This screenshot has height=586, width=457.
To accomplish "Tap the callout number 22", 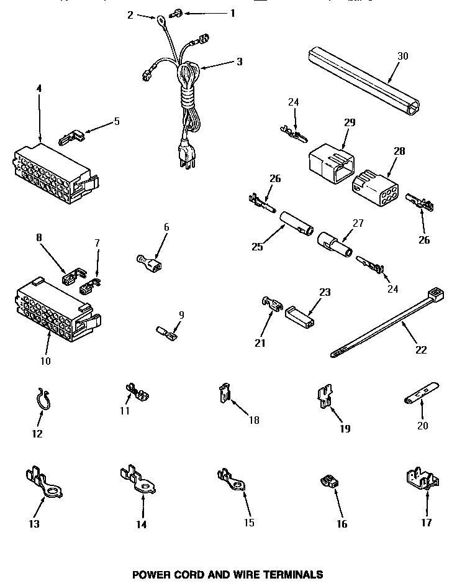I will [421, 349].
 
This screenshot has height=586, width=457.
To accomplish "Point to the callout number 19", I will [345, 428].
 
